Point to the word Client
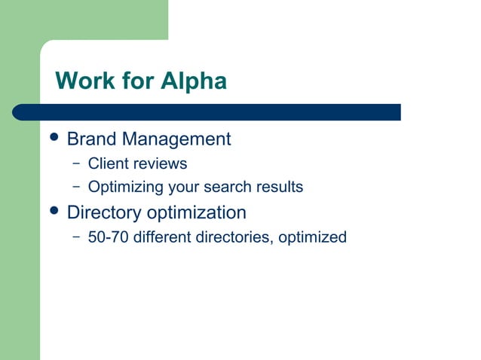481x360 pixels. pos(107,163)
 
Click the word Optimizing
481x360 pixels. pos(126,187)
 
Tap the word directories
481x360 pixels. pos(234,237)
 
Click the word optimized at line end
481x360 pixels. pos(312,237)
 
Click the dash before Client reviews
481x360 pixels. pos(76,163)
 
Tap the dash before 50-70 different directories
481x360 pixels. pos(76,237)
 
